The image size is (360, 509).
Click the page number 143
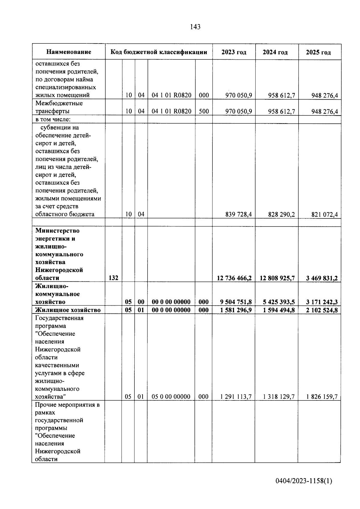[195, 27]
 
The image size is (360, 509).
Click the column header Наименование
[69, 52]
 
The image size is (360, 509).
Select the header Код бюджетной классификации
[159, 52]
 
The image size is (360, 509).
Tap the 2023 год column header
[234, 52]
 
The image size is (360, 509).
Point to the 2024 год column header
[275, 52]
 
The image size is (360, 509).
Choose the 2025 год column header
[318, 52]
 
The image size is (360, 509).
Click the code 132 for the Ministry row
[113, 278]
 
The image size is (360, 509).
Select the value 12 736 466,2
[234, 278]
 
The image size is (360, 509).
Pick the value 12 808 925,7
[277, 278]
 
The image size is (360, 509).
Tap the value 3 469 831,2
[322, 278]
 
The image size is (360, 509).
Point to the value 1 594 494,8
[279, 310]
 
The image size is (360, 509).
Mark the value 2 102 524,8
[322, 310]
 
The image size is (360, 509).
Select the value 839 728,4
[238, 214]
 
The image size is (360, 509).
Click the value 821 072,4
[324, 214]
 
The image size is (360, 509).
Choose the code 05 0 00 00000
[171, 397]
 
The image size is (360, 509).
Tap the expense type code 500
[204, 111]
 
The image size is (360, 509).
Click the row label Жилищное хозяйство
[68, 310]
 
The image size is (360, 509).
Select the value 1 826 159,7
[322, 397]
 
